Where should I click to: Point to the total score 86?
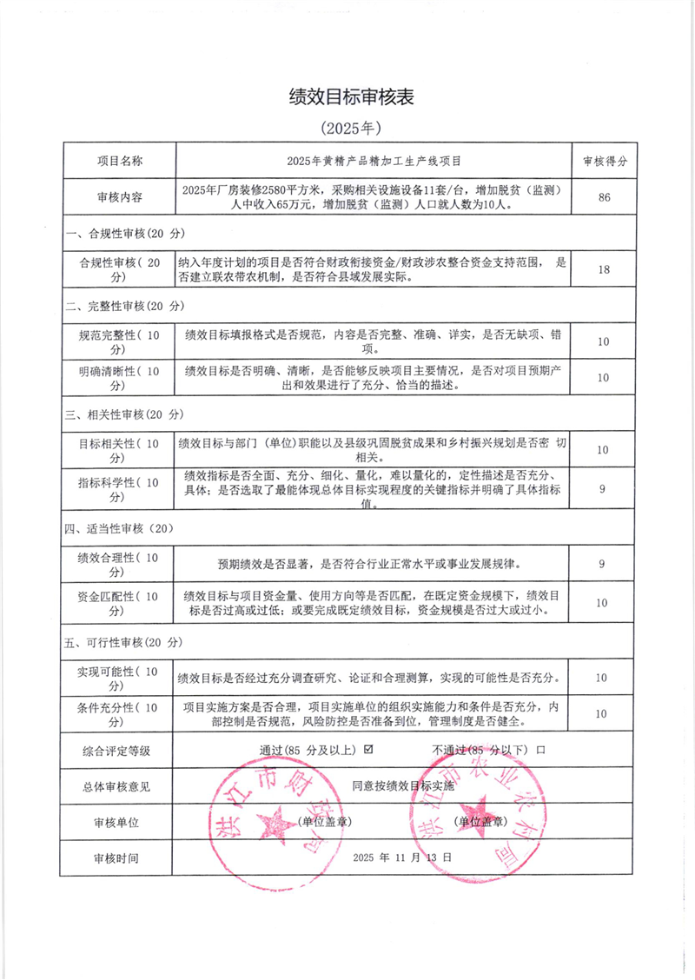604,197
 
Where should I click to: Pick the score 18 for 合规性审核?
604,269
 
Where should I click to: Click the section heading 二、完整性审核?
126,306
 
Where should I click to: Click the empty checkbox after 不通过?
540,749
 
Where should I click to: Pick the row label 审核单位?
117,821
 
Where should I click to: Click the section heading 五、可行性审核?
126,642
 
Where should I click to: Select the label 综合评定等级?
117,749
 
